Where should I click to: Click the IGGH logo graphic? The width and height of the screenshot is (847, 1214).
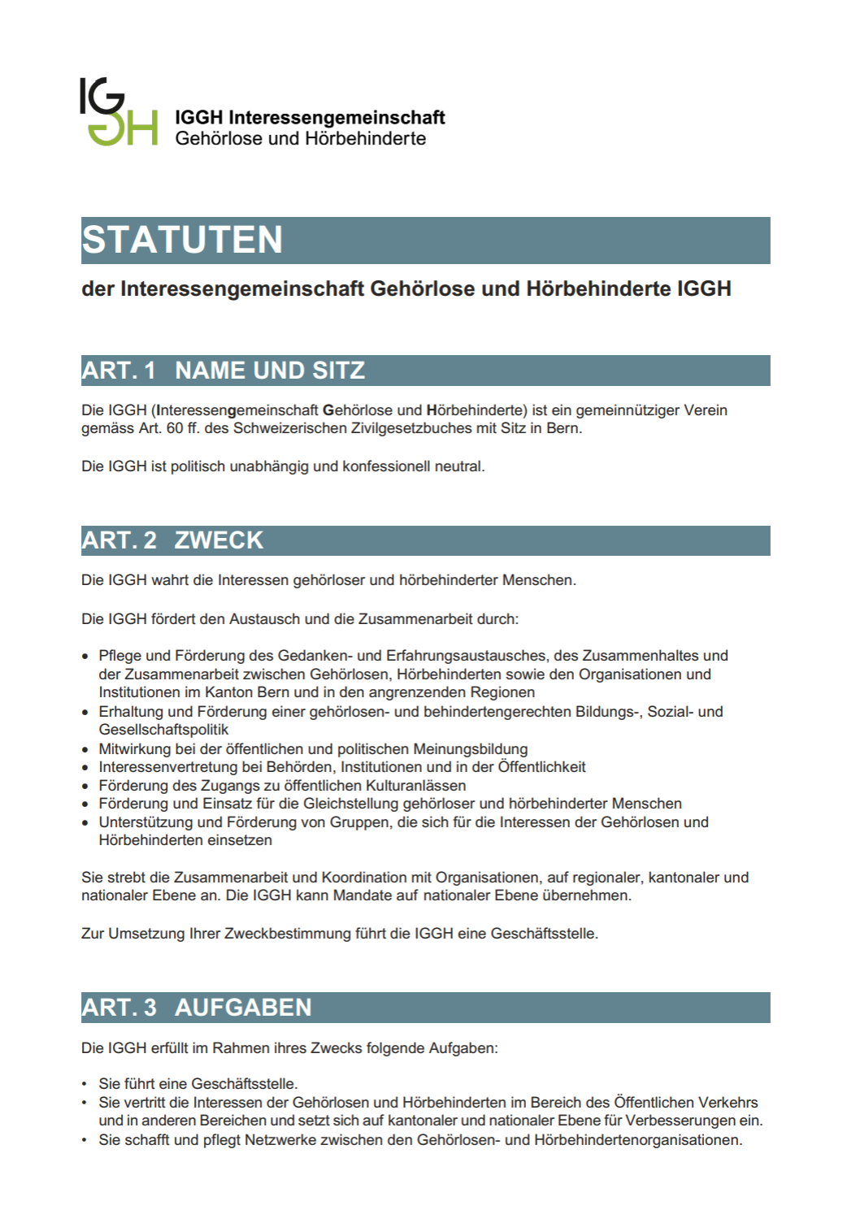[x=118, y=112]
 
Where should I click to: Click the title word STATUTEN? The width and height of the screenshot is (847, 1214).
[x=182, y=241]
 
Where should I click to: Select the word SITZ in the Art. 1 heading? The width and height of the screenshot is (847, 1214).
[x=339, y=371]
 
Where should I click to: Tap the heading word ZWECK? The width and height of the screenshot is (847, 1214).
[x=219, y=540]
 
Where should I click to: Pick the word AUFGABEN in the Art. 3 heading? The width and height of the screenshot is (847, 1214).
[x=243, y=1008]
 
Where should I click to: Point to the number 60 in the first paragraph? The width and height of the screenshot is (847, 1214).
[x=175, y=428]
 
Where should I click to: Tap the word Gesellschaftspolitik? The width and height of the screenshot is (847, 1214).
[x=163, y=730]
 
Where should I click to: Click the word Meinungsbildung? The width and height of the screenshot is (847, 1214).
[x=471, y=748]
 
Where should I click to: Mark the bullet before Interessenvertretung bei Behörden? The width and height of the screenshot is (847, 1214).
[x=85, y=768]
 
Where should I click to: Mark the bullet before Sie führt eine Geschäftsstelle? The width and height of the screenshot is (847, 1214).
[x=85, y=1084]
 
